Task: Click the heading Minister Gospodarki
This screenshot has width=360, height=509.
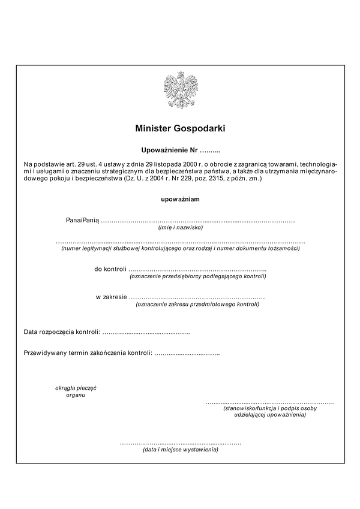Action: coord(180,128)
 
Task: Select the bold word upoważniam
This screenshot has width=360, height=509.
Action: coord(180,199)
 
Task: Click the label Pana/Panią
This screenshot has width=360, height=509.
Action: coord(82,220)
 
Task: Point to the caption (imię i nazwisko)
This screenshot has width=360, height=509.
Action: coord(181,227)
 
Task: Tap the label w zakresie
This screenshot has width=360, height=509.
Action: coord(111,297)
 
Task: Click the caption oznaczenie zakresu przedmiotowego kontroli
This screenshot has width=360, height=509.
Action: coord(198,304)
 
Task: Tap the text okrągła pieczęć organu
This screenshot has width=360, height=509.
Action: coord(76,391)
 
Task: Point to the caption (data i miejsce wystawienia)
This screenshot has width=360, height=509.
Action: coord(181,449)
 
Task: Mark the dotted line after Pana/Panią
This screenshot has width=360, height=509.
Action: coord(198,221)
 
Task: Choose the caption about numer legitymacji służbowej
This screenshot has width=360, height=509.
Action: coord(181,248)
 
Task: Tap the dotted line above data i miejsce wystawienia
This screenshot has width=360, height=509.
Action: coord(181,442)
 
